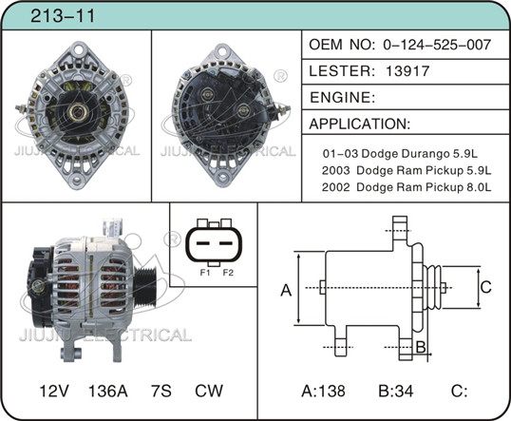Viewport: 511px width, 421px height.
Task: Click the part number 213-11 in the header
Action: pos(63,15)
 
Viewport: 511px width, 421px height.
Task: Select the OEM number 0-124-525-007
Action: pos(437,45)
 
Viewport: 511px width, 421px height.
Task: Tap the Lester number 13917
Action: pos(407,70)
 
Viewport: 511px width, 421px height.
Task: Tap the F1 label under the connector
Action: pos(205,273)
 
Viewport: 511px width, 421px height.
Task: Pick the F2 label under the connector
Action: pos(228,273)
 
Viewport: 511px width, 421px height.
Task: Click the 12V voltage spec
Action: pos(54,391)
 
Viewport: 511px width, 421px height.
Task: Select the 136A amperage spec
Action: pos(108,391)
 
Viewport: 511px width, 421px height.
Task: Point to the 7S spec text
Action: pos(161,391)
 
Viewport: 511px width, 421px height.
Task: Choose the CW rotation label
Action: pos(209,391)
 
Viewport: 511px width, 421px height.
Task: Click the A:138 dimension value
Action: pos(323,391)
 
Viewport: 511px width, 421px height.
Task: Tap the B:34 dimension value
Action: pos(396,391)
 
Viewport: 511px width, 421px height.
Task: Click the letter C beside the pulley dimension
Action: pos(486,287)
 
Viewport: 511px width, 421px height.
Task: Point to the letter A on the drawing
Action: pos(286,290)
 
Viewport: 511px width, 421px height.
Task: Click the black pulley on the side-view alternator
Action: pos(145,287)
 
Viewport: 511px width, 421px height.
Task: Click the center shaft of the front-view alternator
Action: pos(78,112)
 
